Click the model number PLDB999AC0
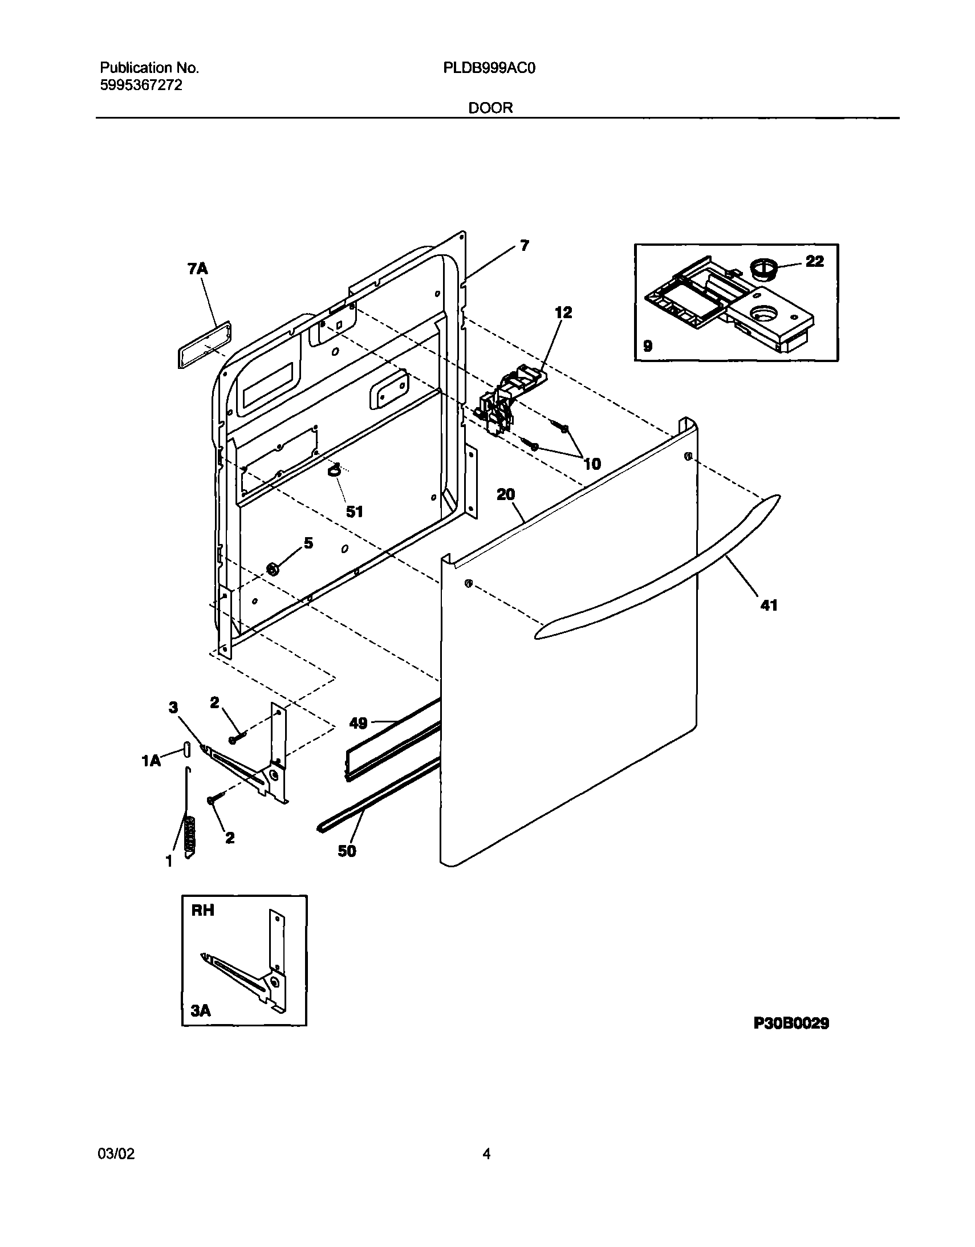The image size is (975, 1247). pyautogui.click(x=489, y=68)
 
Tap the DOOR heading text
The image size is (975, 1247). pyautogui.click(x=490, y=108)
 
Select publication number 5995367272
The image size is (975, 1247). pyautogui.click(x=141, y=86)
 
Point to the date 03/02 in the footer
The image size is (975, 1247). pyautogui.click(x=116, y=1154)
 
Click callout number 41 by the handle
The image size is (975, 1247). pyautogui.click(x=769, y=604)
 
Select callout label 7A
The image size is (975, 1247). pyautogui.click(x=197, y=269)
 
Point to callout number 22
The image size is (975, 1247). pyautogui.click(x=815, y=261)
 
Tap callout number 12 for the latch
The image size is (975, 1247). pyautogui.click(x=563, y=312)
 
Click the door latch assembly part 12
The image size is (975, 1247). pyautogui.click(x=502, y=400)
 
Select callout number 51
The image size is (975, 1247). pyautogui.click(x=354, y=511)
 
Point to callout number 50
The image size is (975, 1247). pyautogui.click(x=347, y=851)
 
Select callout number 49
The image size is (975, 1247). pyautogui.click(x=358, y=724)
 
